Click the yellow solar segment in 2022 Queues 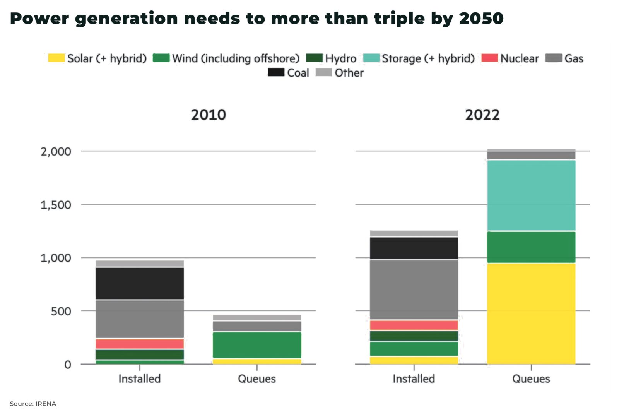click(x=531, y=313)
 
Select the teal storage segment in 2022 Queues click(x=531, y=195)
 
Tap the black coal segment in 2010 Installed click(x=140, y=283)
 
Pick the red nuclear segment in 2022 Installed click(x=414, y=325)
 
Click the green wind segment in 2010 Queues click(x=257, y=345)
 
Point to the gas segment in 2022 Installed click(x=414, y=290)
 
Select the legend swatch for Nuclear click(x=489, y=58)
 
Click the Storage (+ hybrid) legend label click(x=428, y=58)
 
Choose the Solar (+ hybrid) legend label click(x=107, y=58)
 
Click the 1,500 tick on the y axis click(x=56, y=205)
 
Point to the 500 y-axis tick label click(x=61, y=311)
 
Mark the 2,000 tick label click(x=56, y=151)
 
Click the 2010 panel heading click(x=208, y=115)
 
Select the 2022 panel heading click(x=482, y=115)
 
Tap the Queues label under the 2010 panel click(x=257, y=379)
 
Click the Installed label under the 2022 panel click(x=414, y=379)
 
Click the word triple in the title click(x=399, y=19)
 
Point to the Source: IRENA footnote click(x=33, y=404)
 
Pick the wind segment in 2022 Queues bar click(x=531, y=247)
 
